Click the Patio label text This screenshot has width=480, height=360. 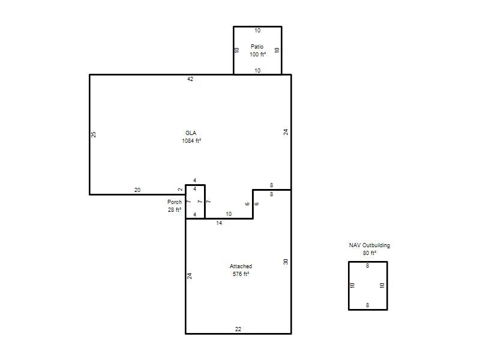point(257,47)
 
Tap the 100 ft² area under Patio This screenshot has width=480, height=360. point(258,54)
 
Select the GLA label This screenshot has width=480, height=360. point(191,133)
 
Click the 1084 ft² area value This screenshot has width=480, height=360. point(191,140)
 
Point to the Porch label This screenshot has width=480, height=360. point(175,202)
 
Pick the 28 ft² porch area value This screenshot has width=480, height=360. point(175,209)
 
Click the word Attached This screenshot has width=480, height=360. point(241,266)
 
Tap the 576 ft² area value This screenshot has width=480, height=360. point(241,274)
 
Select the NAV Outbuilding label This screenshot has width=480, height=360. point(370,245)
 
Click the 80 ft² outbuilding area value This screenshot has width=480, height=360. point(370,253)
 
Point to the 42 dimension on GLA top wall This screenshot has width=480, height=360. point(190,79)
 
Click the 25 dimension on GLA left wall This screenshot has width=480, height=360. point(94,134)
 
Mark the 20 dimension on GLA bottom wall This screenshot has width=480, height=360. point(137,190)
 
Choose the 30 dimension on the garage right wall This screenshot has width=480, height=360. point(286,262)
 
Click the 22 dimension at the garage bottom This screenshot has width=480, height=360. point(238,329)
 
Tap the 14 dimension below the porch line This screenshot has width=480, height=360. point(219,223)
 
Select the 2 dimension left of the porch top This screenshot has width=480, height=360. point(181,190)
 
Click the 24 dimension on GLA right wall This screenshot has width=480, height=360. point(286,132)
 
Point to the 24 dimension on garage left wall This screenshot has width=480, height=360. point(190,276)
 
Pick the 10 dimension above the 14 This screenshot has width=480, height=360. point(229,214)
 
